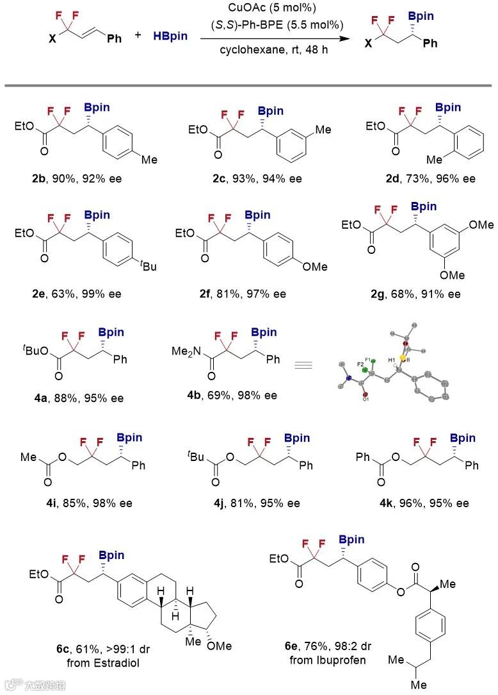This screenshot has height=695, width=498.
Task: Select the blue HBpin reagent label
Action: coord(170,36)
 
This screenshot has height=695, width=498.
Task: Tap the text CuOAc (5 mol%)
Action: coord(275,10)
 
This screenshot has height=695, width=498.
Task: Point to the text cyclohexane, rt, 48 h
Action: coord(275,50)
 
